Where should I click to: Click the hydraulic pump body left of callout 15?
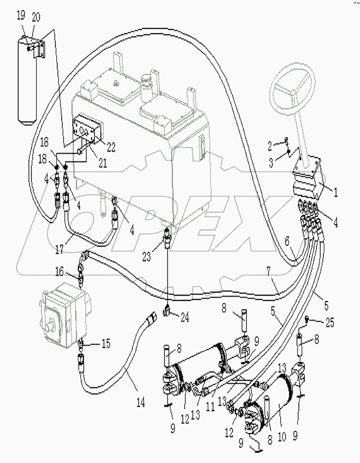[62, 313]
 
